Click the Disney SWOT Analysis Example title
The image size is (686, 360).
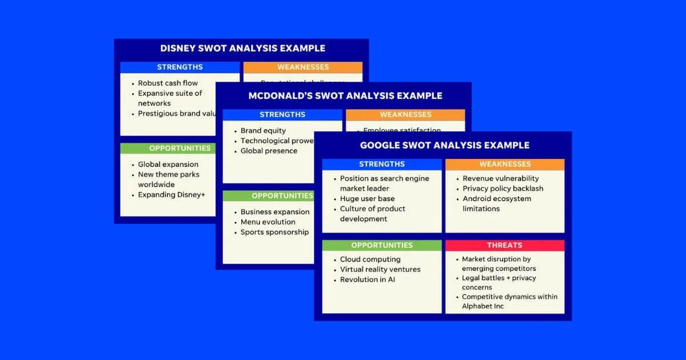coord(242,49)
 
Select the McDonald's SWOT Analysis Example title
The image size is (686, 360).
coord(345,96)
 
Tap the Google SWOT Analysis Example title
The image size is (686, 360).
coord(444,146)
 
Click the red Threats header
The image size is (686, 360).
coord(504,245)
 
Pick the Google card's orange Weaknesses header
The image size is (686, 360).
coord(504,165)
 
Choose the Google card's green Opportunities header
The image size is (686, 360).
coord(381,245)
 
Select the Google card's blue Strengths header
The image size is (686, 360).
coord(381,165)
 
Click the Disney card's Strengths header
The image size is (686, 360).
coord(180,67)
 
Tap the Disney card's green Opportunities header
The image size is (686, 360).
coord(180,149)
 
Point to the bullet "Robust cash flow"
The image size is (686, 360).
coord(167,83)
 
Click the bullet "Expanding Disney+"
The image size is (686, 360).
coord(171,195)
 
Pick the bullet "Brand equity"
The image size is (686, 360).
coord(263,131)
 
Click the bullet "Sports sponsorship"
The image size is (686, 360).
coord(274,233)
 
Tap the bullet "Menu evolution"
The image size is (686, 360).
coord(268,222)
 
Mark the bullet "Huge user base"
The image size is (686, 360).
coord(367,199)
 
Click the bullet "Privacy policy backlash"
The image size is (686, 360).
coord(502,189)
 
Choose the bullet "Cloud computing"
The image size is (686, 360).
coord(370,259)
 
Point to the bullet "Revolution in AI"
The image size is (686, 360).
coord(367,280)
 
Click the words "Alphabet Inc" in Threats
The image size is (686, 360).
coord(482,306)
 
